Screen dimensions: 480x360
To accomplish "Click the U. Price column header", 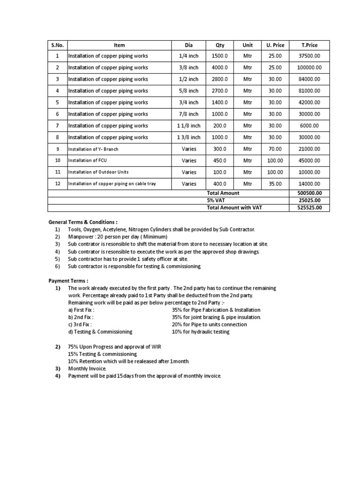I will pos(275,45).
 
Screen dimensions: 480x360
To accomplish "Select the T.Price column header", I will pos(309,45).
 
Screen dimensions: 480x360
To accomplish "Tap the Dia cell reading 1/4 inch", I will pos(189,56).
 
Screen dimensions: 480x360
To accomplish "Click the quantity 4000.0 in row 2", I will pos(219,67).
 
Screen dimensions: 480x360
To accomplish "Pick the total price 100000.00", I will pos(309,67).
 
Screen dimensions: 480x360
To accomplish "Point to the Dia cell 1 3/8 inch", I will pos(189,137).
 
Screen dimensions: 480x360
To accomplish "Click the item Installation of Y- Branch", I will pos(93,149).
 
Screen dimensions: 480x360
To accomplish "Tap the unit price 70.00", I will pos(275,149).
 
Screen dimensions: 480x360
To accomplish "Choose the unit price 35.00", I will pos(275,184).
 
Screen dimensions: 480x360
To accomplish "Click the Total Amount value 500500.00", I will pos(309,193).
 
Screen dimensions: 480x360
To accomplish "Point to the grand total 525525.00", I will pos(309,208).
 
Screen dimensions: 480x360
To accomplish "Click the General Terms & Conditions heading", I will pos(83,222).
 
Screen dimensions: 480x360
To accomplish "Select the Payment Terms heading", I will pos(69,281).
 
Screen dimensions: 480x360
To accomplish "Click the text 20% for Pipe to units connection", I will pos(209,324).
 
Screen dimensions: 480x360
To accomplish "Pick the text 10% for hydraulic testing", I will pos(201,332).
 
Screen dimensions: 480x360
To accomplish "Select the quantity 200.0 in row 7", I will pos(219,126).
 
